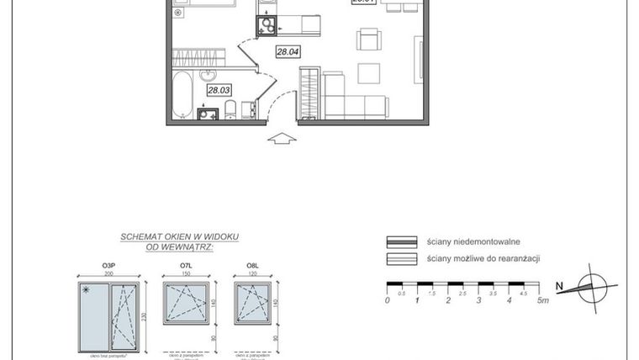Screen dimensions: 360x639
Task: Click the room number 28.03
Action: pos(219,89)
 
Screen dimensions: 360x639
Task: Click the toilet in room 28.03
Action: pos(229,109)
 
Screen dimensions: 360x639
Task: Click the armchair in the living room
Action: pos(368,40)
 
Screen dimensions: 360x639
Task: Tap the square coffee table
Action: pos(369,74)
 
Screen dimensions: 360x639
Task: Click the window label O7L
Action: pos(187,267)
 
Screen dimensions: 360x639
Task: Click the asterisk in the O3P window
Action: pos(86,289)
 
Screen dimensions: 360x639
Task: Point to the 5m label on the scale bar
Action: pos(543,299)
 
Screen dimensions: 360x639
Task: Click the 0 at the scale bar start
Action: pos(388,299)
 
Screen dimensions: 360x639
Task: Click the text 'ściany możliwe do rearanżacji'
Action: pos(483,258)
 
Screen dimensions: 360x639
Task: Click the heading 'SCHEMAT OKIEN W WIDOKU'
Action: pos(179,238)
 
